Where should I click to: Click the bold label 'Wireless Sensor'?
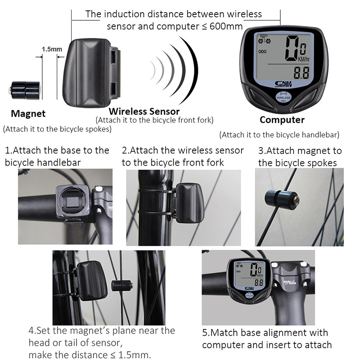(144, 111)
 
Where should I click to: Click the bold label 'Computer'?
(282, 120)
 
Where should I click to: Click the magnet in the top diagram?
(25, 90)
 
